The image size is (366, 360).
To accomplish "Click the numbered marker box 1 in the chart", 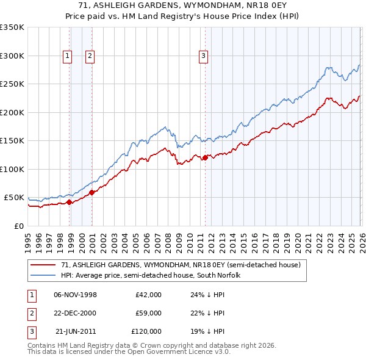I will click(66, 56).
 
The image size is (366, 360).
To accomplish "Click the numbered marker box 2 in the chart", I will click(90, 56).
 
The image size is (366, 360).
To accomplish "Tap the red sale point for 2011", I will click(205, 157).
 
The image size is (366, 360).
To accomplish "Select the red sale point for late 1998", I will click(69, 202).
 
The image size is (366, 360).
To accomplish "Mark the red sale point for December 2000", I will click(92, 192).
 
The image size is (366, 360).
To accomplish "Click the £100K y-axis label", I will click(12, 169).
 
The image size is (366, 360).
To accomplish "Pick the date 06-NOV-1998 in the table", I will click(75, 294).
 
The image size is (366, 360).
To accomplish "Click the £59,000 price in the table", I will click(148, 313).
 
